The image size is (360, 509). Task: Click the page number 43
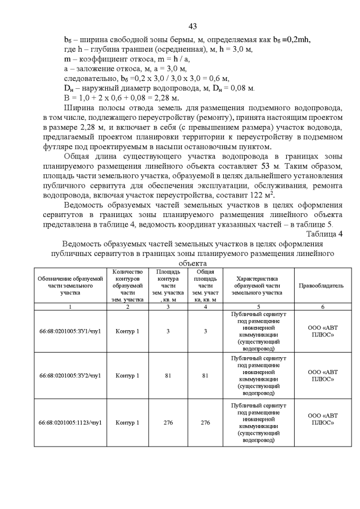(x=192, y=26)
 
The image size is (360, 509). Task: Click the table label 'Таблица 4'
(x=325, y=234)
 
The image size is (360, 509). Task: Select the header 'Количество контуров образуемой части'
(x=128, y=285)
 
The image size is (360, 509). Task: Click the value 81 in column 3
(x=168, y=375)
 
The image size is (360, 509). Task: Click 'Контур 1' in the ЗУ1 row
(x=128, y=331)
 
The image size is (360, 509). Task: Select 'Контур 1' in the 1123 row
(x=128, y=422)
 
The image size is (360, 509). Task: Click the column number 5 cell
(x=258, y=307)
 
